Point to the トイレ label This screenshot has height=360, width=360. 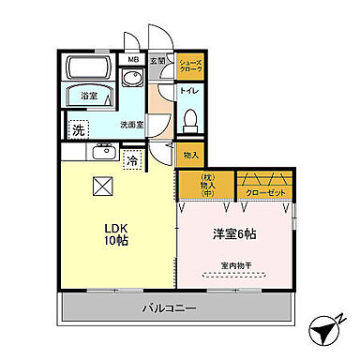tap(188, 92)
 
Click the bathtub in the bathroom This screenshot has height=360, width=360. tap(90, 68)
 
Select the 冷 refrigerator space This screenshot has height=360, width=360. tap(132, 159)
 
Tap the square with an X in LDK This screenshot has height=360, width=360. tap(101, 185)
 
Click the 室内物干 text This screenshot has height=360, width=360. tap(237, 264)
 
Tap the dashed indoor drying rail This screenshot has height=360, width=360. tap(237, 276)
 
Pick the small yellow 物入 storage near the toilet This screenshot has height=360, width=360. tap(190, 154)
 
